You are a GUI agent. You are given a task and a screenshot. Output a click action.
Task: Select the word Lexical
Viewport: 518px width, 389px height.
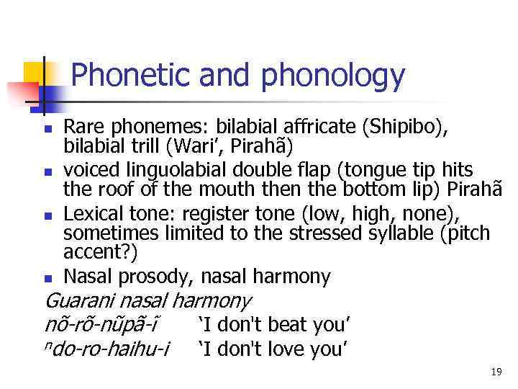pos(90,214)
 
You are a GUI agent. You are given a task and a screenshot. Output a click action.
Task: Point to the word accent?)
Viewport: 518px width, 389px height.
pos(101,254)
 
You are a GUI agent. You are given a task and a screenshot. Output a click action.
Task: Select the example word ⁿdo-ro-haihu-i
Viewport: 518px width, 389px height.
pos(106,349)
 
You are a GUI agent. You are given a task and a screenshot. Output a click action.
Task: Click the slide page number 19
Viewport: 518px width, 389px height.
pos(496,372)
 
